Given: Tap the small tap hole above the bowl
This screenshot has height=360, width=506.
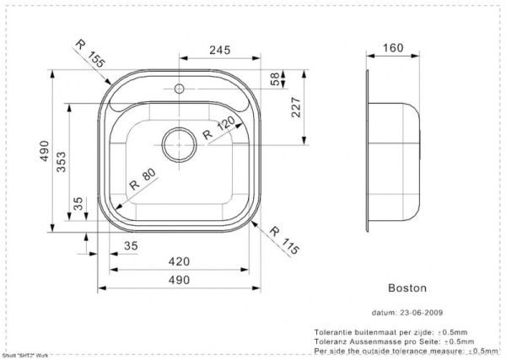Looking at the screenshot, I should [179, 87].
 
